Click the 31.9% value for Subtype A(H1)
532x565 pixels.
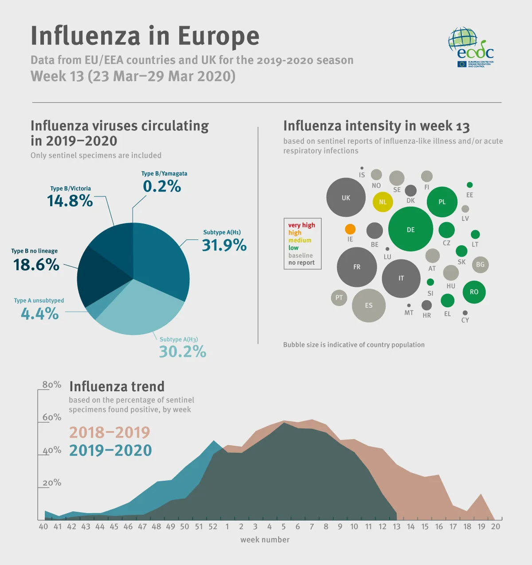(x=224, y=245)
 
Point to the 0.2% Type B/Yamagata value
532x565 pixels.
(x=162, y=187)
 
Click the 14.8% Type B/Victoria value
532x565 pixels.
(x=70, y=201)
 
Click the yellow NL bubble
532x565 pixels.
(x=383, y=202)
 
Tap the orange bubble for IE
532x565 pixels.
(x=350, y=229)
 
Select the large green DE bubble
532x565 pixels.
(x=411, y=229)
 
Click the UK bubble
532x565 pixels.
(x=346, y=198)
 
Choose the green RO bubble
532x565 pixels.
(x=474, y=292)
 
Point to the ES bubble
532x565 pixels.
(x=369, y=305)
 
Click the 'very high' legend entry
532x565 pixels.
(x=301, y=225)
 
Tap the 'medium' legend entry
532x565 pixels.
(x=300, y=240)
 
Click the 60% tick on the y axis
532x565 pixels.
(x=52, y=417)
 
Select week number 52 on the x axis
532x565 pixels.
(x=213, y=526)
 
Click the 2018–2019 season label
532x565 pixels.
(x=110, y=432)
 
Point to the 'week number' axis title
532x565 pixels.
(x=265, y=540)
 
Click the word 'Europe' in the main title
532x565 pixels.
(x=218, y=36)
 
